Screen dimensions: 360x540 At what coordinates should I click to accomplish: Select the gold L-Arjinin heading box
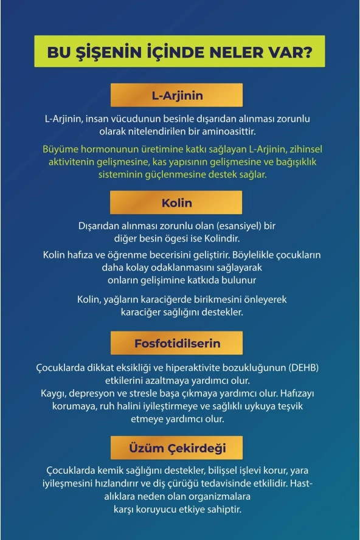point(177,95)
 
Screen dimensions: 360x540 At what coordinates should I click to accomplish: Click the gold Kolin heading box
point(177,202)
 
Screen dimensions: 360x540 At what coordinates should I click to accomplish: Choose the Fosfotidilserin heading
point(177,344)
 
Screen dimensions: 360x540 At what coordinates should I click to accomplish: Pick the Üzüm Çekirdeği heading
point(177,448)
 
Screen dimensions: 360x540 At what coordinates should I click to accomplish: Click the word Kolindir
point(222,238)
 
